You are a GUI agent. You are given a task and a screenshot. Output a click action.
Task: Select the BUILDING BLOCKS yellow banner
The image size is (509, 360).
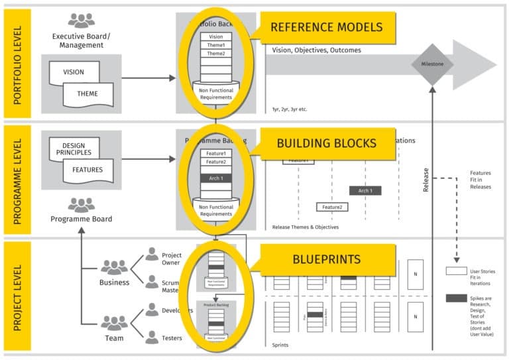(327, 143)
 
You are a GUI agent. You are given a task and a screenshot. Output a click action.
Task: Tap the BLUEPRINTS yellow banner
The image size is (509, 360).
(327, 259)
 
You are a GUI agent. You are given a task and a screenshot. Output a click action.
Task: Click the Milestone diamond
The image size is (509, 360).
(432, 64)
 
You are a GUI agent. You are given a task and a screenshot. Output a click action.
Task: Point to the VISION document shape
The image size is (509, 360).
(74, 72)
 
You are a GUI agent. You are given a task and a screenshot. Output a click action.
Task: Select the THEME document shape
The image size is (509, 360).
(87, 94)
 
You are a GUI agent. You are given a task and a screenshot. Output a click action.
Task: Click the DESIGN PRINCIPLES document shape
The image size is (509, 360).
(74, 149)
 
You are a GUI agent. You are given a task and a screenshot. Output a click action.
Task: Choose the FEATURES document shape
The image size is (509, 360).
(87, 170)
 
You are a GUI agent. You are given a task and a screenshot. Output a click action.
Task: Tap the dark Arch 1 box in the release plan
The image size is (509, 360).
(365, 191)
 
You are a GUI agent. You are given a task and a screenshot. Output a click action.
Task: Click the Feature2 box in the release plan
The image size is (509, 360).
(332, 208)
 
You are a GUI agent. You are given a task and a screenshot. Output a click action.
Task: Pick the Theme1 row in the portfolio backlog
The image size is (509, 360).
(215, 45)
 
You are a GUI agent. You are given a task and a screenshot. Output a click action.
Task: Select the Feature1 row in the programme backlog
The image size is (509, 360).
(215, 154)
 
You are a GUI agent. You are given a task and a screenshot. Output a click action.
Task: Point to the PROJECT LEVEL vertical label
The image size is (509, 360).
(17, 296)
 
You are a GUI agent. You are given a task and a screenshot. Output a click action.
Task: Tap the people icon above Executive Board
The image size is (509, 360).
(81, 21)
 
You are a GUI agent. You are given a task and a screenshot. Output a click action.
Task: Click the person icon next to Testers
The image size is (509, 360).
(152, 337)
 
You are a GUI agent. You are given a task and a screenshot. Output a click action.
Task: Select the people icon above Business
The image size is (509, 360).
(114, 267)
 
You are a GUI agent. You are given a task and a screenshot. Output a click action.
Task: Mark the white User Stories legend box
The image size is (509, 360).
(456, 271)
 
